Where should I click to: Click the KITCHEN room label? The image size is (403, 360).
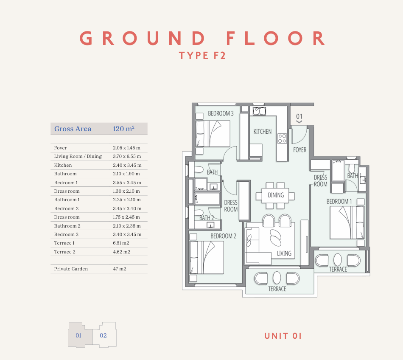pos(263,132)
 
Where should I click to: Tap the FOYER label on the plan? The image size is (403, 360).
pos(299,150)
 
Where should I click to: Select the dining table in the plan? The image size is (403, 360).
pos(275,195)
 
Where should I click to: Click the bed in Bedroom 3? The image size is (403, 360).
pos(213,133)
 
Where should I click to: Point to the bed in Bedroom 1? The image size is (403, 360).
pos(347,222)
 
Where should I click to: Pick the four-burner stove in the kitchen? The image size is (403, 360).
pos(282,138)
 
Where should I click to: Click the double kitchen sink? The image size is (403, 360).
pos(259,111)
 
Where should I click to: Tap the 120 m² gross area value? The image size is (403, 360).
pos(123,129)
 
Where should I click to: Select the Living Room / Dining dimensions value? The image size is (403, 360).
pos(127,156)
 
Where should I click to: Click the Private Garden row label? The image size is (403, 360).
pos(71,269)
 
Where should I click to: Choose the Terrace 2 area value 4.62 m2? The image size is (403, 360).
pos(122,252)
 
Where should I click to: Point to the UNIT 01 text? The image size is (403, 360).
pos(283,336)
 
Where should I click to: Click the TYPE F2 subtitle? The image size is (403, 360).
pos(202,56)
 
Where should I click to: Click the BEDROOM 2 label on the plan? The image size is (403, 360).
pos(223,236)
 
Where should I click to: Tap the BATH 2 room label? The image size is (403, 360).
pos(207,218)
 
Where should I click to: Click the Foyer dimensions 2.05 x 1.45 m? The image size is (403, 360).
pos(127,148)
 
